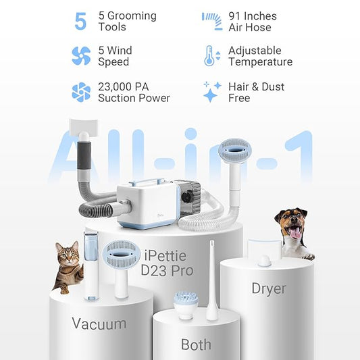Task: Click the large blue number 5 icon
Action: click(80, 21)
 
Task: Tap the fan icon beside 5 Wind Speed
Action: click(81, 56)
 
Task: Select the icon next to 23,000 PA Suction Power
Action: click(81, 92)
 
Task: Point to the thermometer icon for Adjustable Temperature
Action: click(209, 56)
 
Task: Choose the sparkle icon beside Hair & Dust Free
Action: click(212, 92)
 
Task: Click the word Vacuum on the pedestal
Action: click(99, 324)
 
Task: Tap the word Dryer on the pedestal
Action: click(269, 288)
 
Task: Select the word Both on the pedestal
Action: click(196, 344)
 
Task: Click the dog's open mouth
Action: click(294, 232)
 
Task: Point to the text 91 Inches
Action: click(252, 16)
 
